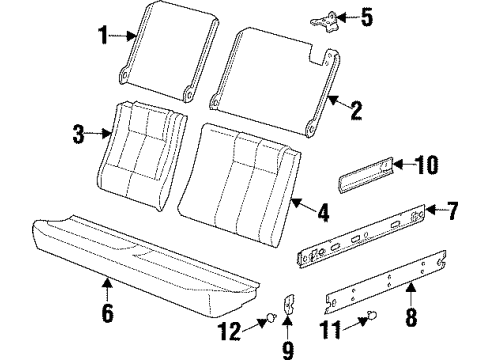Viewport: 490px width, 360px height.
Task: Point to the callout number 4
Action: click(322, 211)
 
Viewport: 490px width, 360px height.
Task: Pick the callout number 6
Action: click(108, 316)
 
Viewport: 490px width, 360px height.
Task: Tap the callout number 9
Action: click(289, 347)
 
